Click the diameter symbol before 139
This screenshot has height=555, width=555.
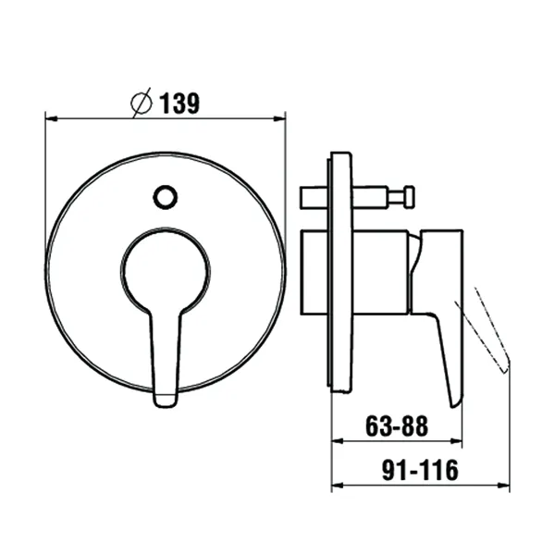tap(141, 105)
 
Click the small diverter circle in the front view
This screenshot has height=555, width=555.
tap(166, 196)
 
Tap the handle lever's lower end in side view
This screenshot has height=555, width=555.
tap(454, 393)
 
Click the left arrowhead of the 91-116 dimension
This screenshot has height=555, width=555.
tap(338, 485)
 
